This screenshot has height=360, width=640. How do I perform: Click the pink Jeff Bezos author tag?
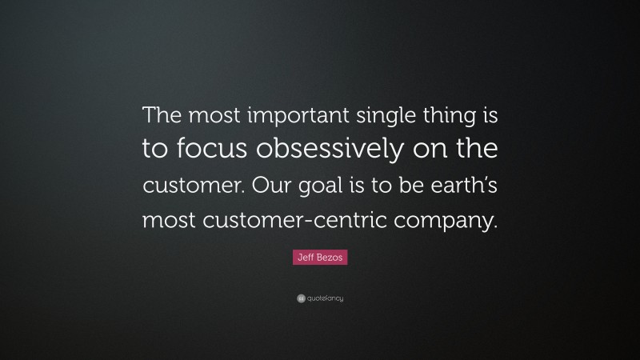(x=319, y=258)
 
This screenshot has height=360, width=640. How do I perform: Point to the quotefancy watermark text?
(x=325, y=298)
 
